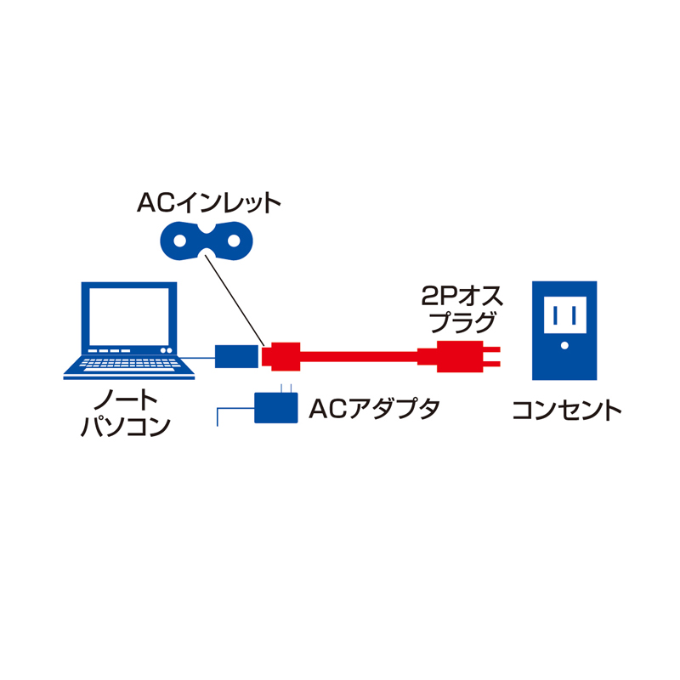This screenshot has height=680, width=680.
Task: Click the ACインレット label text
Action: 208,203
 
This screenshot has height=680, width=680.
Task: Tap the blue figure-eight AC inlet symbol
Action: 208,240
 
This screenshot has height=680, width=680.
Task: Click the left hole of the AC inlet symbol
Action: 180,240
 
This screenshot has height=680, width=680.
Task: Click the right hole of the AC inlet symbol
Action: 235,240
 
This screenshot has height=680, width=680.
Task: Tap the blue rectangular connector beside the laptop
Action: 237,355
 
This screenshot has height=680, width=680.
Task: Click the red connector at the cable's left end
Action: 282,355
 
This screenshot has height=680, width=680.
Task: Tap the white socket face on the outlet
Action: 564,317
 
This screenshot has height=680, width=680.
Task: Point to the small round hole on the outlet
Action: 564,347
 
